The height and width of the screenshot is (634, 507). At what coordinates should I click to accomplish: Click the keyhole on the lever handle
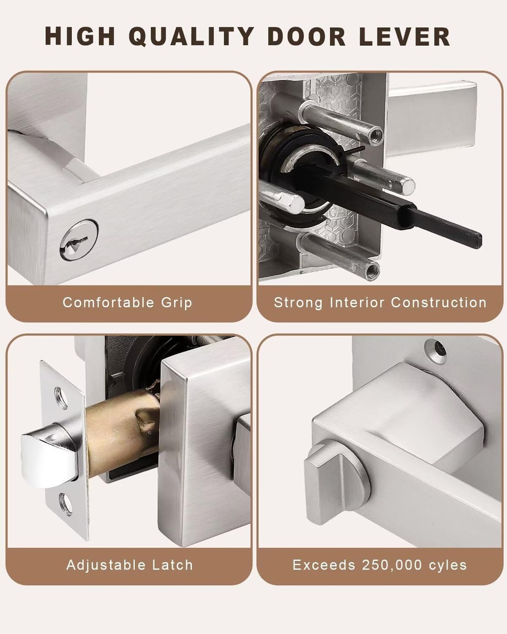tap(78, 240)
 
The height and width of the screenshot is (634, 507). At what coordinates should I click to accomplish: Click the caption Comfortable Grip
tap(128, 303)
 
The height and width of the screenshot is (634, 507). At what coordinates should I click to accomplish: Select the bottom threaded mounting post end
tap(371, 271)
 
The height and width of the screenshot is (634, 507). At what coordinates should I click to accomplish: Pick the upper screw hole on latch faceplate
tap(61, 397)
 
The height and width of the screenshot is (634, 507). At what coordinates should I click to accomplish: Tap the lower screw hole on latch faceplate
tap(65, 505)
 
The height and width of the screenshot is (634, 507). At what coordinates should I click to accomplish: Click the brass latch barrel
tap(121, 433)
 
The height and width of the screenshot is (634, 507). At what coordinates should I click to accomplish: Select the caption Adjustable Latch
tap(129, 565)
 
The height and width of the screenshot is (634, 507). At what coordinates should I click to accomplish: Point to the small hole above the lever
tap(436, 351)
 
